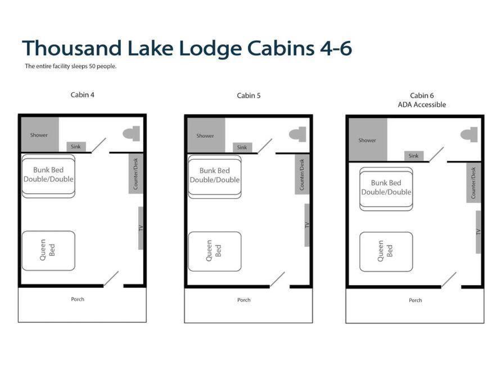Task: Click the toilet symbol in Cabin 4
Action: tap(132, 133)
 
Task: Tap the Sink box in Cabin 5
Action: tap(242, 147)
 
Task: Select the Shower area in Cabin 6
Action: tap(368, 140)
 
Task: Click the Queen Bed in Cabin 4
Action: tap(48, 251)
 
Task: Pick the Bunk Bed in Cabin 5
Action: tap(215, 177)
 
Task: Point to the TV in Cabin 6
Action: tap(478, 232)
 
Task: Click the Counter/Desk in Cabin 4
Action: tap(135, 174)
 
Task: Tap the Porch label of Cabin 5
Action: tap(244, 300)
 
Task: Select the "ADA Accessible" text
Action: tap(422, 105)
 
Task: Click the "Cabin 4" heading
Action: tap(83, 95)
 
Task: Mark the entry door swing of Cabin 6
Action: tap(449, 280)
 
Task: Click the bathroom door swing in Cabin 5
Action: tap(265, 146)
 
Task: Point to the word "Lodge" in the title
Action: tap(210, 48)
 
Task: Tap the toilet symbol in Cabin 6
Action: tap(469, 135)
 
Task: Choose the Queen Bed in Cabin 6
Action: tap(386, 252)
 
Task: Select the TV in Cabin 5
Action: tap(307, 225)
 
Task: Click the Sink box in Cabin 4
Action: tap(76, 147)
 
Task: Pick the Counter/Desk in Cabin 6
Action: tap(473, 183)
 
